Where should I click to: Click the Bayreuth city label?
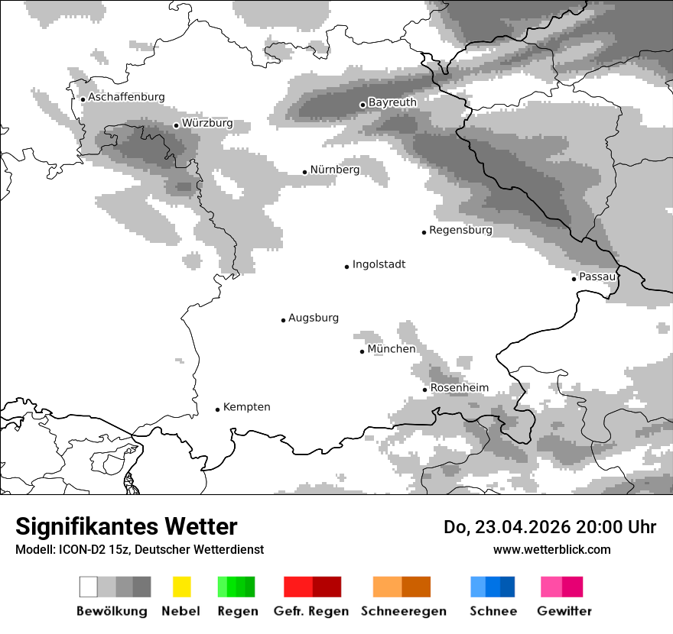[x=392, y=102]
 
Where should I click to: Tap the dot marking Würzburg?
[x=176, y=125]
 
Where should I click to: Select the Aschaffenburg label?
[x=126, y=97]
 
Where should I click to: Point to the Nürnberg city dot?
[x=304, y=172]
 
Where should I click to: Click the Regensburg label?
[x=460, y=230]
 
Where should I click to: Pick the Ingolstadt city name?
[x=379, y=264]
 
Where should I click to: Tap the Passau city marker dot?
[x=574, y=279]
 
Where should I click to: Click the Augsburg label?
[x=314, y=318]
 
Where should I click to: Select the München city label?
[x=392, y=349]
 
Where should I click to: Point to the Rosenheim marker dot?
[x=425, y=390]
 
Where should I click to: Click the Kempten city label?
[x=246, y=407]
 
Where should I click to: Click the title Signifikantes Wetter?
[x=126, y=527]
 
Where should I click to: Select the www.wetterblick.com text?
[x=551, y=549]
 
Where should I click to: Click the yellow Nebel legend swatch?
[x=181, y=587]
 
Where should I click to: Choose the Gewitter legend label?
[x=564, y=611]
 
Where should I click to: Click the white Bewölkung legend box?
[x=89, y=587]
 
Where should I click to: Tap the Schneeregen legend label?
[x=404, y=611]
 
